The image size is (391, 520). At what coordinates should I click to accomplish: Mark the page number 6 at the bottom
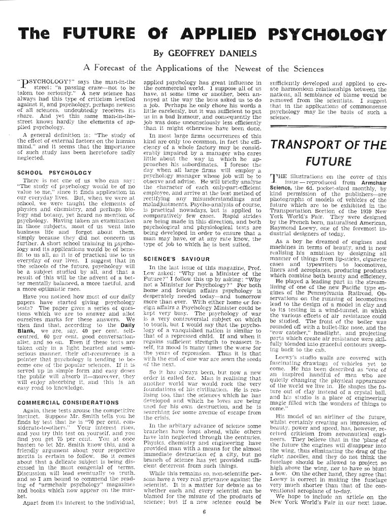(x=203, y=511)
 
